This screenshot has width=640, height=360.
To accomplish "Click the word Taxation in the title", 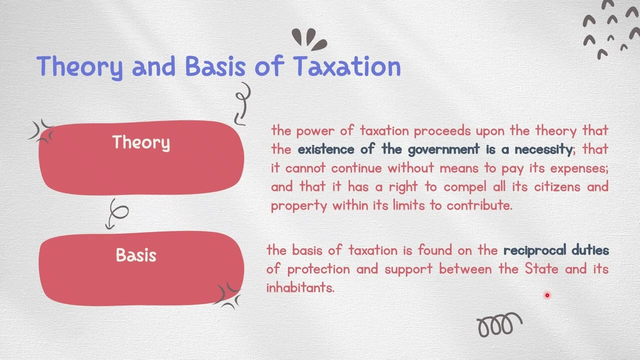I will pyautogui.click(x=347, y=66).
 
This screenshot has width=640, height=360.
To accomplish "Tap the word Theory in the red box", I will pyautogui.click(x=141, y=142).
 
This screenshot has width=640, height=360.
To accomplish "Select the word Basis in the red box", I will pyautogui.click(x=136, y=255).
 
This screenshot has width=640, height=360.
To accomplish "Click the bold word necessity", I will pyautogui.click(x=543, y=149).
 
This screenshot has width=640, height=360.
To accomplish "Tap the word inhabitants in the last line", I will pyautogui.click(x=300, y=287).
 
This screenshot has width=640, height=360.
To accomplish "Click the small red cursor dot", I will pyautogui.click(x=547, y=295).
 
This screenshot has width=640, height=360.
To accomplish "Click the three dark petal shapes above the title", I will pyautogui.click(x=308, y=39).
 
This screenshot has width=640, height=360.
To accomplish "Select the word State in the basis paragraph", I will pyautogui.click(x=542, y=269).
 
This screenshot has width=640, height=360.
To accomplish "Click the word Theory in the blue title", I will pyautogui.click(x=79, y=66).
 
